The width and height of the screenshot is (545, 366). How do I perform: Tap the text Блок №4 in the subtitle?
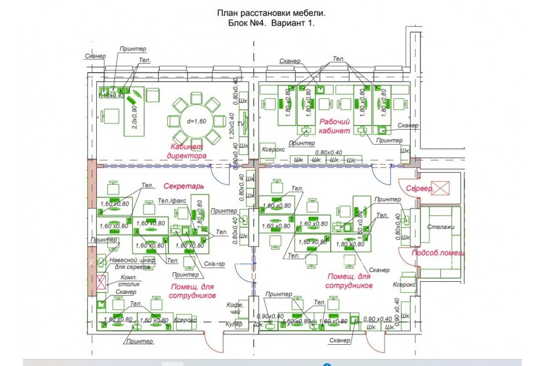[x=243, y=22]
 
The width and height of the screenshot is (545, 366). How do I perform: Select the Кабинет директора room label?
[x=187, y=151]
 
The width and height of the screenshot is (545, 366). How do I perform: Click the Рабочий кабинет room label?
[x=335, y=125]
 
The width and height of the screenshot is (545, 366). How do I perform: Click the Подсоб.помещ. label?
[x=434, y=253]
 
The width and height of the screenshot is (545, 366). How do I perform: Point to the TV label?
[x=241, y=122]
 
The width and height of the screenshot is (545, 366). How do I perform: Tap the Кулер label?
[x=234, y=324]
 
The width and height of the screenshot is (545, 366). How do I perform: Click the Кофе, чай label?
[x=234, y=308]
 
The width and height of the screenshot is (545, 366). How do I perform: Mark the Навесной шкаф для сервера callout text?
[x=133, y=263]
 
